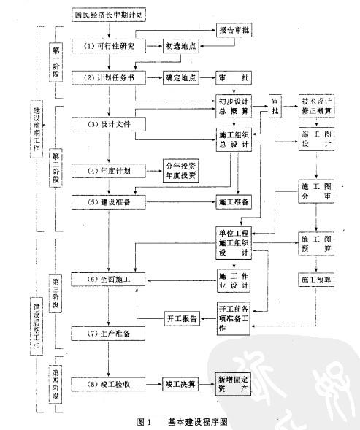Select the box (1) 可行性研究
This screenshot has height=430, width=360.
pos(108,46)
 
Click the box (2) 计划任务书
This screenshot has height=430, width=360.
pos(108,77)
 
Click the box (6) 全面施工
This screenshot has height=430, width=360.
pos(108,278)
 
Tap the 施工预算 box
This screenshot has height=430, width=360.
pos(316,278)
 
